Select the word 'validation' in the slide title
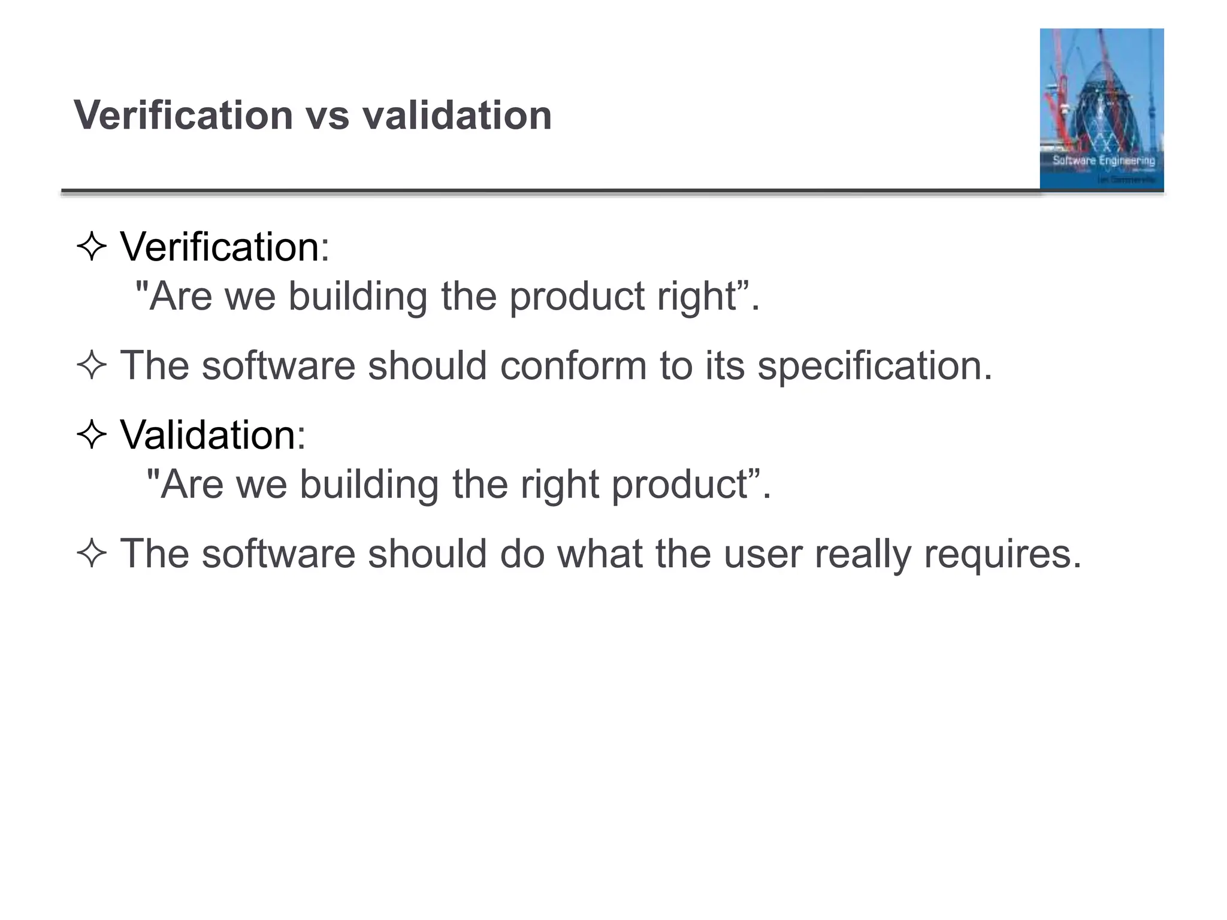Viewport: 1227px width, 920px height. pyautogui.click(x=457, y=115)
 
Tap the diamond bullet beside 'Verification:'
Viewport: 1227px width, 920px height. pyautogui.click(x=92, y=246)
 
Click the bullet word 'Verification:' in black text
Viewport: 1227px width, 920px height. pyautogui.click(x=225, y=246)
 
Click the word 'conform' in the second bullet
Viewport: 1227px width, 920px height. pyautogui.click(x=573, y=365)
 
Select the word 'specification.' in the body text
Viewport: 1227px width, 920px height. pyautogui.click(x=875, y=365)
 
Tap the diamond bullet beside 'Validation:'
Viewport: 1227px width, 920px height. pyautogui.click(x=92, y=434)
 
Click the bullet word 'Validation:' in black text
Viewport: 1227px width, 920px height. pyautogui.click(x=213, y=434)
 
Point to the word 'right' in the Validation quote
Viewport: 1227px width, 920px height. pyautogui.click(x=560, y=484)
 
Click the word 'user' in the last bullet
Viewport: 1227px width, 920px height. pyautogui.click(x=762, y=553)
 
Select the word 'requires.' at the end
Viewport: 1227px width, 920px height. pyautogui.click(x=1003, y=553)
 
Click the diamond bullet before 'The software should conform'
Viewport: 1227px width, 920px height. pyautogui.click(x=92, y=365)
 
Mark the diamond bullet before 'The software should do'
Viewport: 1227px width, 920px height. pyautogui.click(x=92, y=553)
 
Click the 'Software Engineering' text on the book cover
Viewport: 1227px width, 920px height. pyautogui.click(x=1104, y=161)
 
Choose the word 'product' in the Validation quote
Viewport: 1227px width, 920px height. pyautogui.click(x=679, y=484)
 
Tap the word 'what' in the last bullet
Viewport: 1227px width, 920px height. pyautogui.click(x=600, y=553)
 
